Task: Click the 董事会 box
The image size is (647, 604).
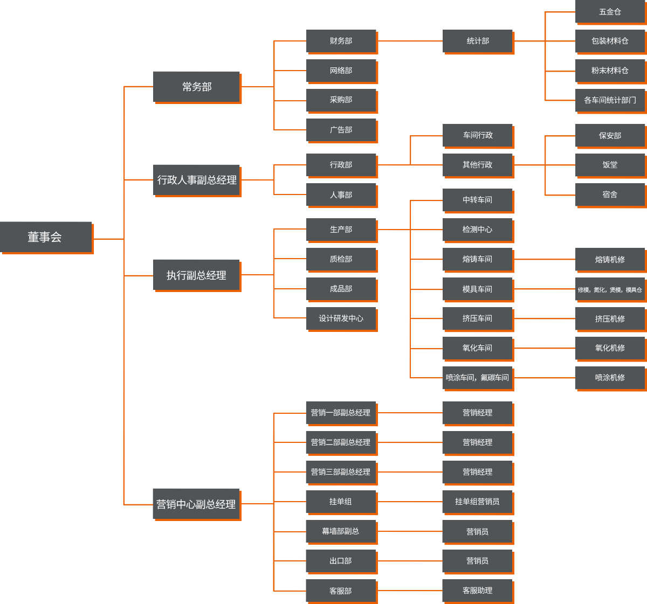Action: tap(45, 237)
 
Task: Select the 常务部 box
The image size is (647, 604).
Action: tap(196, 86)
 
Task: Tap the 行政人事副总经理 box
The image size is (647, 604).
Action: tap(196, 179)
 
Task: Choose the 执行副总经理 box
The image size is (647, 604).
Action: tap(196, 275)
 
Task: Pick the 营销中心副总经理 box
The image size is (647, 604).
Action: tap(196, 504)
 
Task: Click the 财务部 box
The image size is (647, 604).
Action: tap(341, 41)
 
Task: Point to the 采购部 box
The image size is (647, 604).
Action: tap(341, 100)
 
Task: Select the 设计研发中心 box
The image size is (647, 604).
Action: tap(341, 318)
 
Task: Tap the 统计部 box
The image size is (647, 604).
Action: tap(477, 41)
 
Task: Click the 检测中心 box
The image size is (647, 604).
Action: tap(477, 230)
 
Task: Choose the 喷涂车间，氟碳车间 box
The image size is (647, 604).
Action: tap(477, 377)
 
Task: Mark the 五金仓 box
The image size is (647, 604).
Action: tap(610, 12)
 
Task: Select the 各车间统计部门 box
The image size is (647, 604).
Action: tap(610, 100)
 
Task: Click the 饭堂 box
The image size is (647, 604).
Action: tap(610, 165)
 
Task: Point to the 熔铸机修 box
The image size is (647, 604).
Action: tap(610, 259)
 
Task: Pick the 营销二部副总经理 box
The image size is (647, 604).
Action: tap(341, 442)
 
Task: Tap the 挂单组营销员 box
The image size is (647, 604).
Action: tap(477, 502)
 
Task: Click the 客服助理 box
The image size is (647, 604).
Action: tap(477, 591)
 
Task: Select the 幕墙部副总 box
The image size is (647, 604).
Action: tap(341, 531)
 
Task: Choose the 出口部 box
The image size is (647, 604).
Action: tap(341, 561)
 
